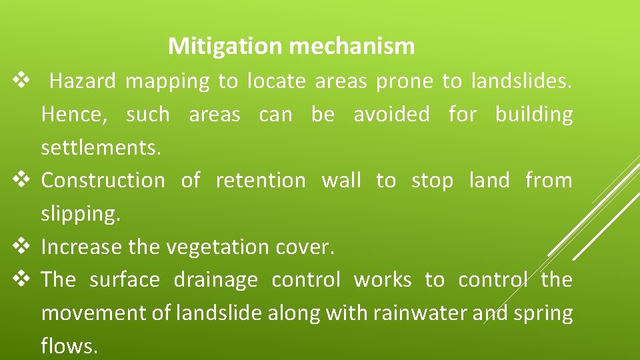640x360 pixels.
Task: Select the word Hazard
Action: click(x=83, y=81)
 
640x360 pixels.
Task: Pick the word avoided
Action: click(x=391, y=115)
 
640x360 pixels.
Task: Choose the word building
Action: click(x=533, y=115)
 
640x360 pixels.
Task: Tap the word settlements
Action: click(x=101, y=147)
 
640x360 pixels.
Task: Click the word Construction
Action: click(x=103, y=181)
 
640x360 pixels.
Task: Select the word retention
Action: click(x=261, y=181)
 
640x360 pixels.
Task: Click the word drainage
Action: click(x=215, y=280)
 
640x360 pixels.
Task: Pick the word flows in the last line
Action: click(x=69, y=346)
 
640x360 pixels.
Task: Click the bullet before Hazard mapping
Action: click(x=20, y=81)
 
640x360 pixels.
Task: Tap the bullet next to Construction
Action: click(x=20, y=181)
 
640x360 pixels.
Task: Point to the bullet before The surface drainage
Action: click(x=20, y=280)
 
